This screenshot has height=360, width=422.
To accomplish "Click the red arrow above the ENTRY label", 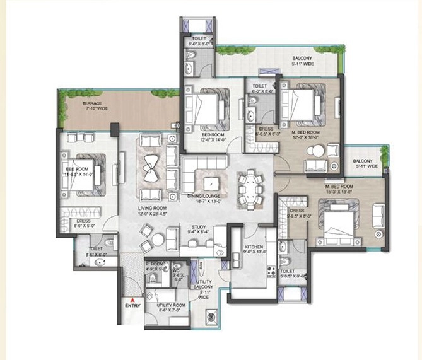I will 132,299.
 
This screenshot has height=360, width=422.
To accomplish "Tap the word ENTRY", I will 132,307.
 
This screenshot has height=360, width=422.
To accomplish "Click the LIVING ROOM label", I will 152,207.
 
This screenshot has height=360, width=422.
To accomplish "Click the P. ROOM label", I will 155,263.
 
